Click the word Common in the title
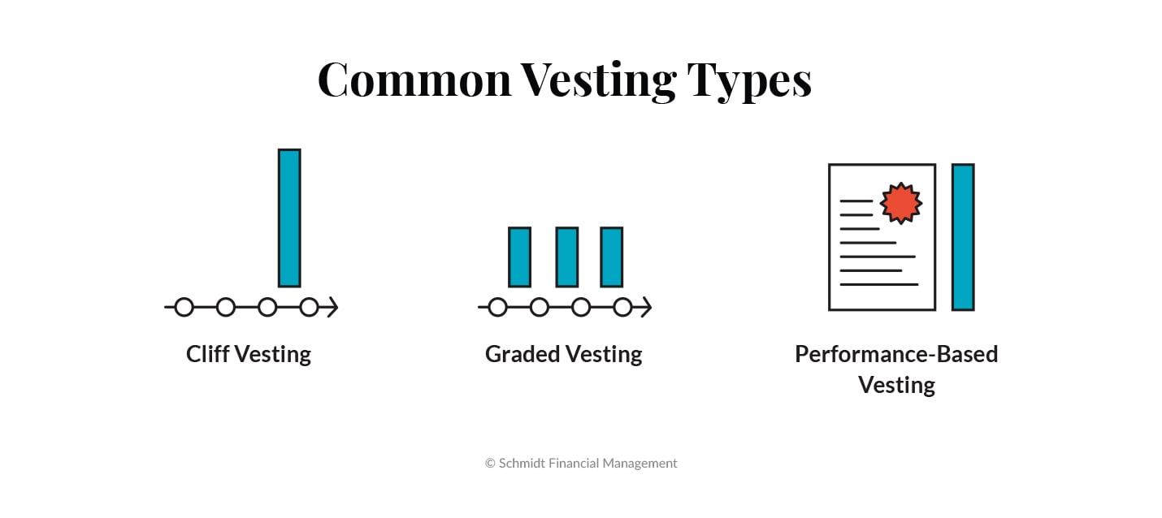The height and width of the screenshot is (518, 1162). [x=414, y=80]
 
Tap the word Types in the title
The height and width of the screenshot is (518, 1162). [x=749, y=81]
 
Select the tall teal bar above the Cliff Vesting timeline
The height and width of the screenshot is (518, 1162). [x=289, y=218]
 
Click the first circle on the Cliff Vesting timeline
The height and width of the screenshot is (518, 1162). [x=184, y=307]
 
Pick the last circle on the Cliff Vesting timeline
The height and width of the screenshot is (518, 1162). [x=309, y=307]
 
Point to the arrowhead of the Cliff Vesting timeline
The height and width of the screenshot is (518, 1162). [x=332, y=307]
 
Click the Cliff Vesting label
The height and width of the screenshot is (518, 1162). [x=249, y=354]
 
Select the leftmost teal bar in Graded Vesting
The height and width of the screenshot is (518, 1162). [x=519, y=257]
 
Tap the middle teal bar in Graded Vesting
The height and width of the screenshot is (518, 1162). [x=567, y=257]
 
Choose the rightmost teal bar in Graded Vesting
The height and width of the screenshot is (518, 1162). [x=612, y=257]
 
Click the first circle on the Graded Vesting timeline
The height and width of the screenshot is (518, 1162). [x=498, y=307]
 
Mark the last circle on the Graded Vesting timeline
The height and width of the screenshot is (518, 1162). [x=622, y=307]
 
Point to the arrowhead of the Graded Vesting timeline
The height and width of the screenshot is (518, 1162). [x=645, y=307]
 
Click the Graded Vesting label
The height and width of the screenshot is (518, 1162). [x=563, y=354]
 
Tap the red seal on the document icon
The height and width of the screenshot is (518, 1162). [x=901, y=202]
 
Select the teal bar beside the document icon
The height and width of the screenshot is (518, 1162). [x=963, y=237]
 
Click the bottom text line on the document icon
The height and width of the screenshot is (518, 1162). [x=878, y=284]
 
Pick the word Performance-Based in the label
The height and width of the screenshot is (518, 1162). [x=896, y=354]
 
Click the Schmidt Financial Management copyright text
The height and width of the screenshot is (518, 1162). [x=581, y=463]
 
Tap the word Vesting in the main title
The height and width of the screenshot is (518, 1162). [x=598, y=80]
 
